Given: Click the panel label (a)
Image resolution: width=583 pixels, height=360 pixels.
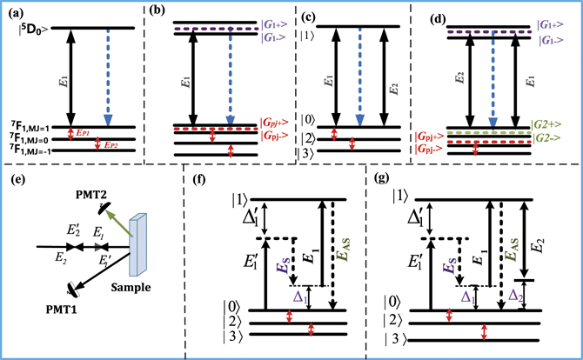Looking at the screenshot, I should [13, 10].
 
